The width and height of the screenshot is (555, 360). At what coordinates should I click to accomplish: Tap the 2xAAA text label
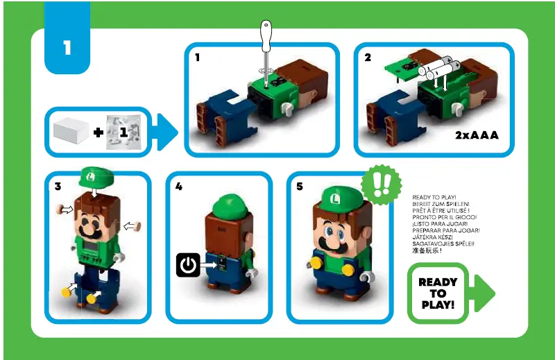(x=477, y=134)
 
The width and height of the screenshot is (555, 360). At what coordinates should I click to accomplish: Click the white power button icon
(x=187, y=264)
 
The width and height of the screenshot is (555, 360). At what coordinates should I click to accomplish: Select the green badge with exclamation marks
(x=382, y=185)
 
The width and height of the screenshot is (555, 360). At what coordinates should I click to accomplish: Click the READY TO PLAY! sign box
(x=438, y=293)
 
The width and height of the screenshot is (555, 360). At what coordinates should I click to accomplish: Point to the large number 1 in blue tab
(x=67, y=49)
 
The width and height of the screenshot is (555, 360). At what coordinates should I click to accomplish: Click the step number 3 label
(x=58, y=187)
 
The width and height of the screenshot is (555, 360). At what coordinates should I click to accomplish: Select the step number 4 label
(x=179, y=187)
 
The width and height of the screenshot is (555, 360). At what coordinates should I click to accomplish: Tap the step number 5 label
(x=300, y=187)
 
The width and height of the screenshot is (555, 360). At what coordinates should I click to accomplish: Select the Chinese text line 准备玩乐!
(x=427, y=250)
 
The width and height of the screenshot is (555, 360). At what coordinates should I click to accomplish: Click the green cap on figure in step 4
(x=229, y=205)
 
